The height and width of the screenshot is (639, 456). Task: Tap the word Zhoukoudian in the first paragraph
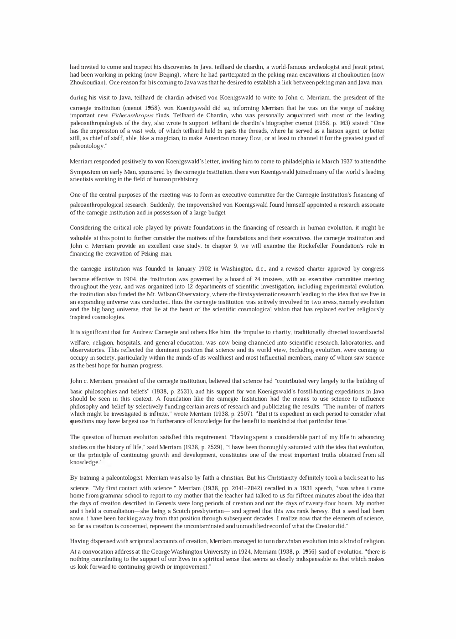(x=84, y=83)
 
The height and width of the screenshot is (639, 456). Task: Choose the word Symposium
(x=84, y=172)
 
